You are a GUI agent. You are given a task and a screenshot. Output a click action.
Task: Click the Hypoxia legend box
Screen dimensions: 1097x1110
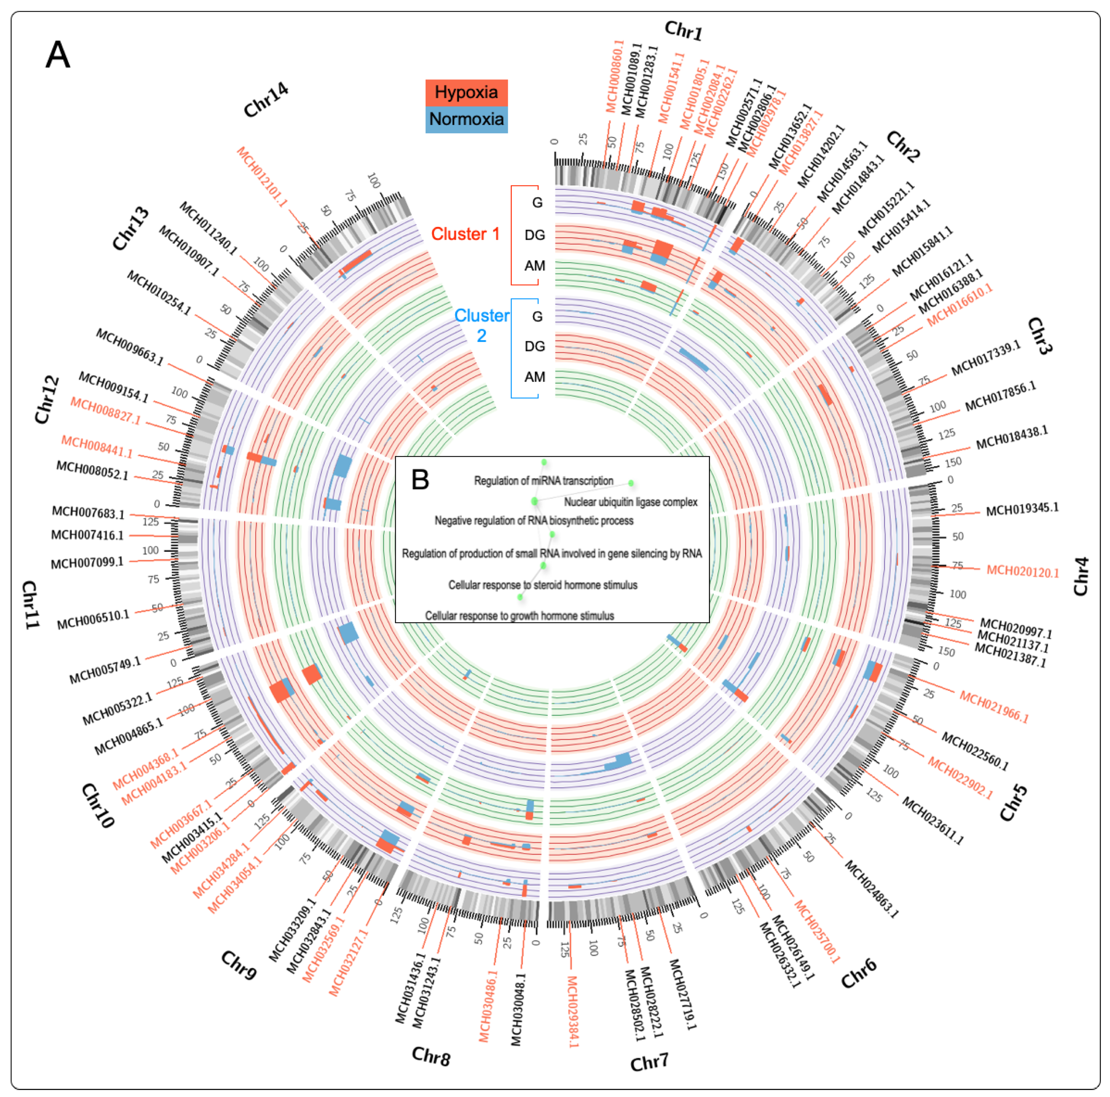tap(466, 92)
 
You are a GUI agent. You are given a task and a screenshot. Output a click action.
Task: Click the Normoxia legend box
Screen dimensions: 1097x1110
tap(466, 120)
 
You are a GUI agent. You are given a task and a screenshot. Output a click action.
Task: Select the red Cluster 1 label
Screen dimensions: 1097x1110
tap(465, 234)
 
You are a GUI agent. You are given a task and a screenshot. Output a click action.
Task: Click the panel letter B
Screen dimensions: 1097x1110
tap(420, 479)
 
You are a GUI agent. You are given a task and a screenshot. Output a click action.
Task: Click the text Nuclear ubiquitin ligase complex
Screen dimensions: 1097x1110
tap(630, 502)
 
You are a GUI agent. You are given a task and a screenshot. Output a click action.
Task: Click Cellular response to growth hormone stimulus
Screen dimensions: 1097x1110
tap(519, 616)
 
